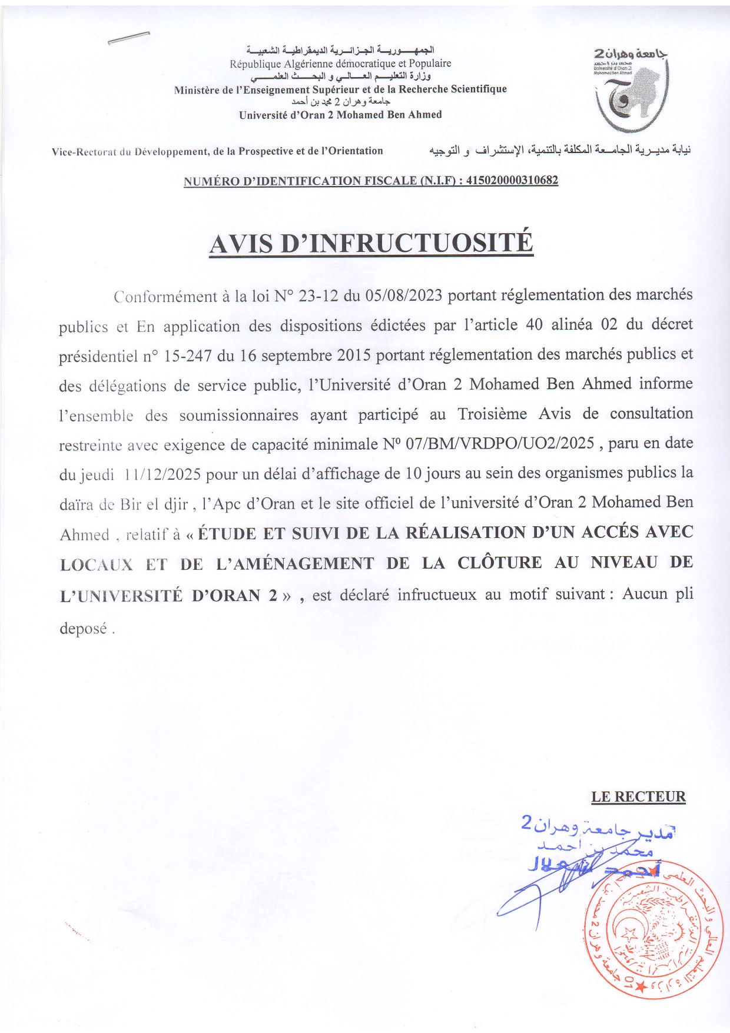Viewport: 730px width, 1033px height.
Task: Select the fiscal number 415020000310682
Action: pos(512,180)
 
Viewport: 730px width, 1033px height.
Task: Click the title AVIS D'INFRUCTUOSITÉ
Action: pos(371,243)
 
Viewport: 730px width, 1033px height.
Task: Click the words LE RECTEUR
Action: pos(638,797)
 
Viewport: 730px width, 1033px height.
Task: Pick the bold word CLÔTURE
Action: pos(499,562)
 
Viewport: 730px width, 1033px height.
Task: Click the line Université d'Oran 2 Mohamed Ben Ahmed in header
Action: pos(340,115)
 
